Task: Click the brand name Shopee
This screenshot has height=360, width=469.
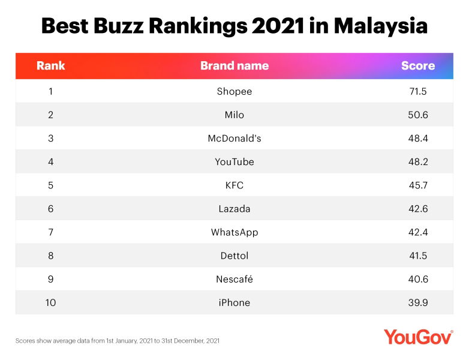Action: pyautogui.click(x=234, y=91)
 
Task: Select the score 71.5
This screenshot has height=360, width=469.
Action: pyautogui.click(x=417, y=91)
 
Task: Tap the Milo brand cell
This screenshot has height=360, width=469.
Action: pyautogui.click(x=234, y=115)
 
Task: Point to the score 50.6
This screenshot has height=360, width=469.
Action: pyautogui.click(x=417, y=115)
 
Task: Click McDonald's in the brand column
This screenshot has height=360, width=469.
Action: pyautogui.click(x=234, y=138)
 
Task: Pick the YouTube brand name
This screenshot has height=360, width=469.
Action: pyautogui.click(x=234, y=161)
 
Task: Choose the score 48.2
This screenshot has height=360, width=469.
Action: pyautogui.click(x=417, y=161)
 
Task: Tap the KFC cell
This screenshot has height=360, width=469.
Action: pyautogui.click(x=234, y=185)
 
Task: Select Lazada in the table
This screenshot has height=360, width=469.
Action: pyautogui.click(x=234, y=208)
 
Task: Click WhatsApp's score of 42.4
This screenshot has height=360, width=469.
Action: pyautogui.click(x=417, y=232)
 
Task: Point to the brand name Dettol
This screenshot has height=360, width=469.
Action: pyautogui.click(x=234, y=255)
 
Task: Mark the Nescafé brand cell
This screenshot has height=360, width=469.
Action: pyautogui.click(x=234, y=279)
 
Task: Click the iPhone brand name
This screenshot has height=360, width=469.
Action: pyautogui.click(x=234, y=302)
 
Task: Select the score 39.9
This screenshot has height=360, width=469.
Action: pyautogui.click(x=417, y=302)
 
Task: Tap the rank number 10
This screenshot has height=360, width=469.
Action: pyautogui.click(x=50, y=302)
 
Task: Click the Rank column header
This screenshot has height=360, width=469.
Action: pyautogui.click(x=50, y=65)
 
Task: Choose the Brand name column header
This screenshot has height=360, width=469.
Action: pyautogui.click(x=234, y=65)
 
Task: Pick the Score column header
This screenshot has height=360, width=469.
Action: pyautogui.click(x=417, y=65)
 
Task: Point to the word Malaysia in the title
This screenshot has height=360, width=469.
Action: pyautogui.click(x=380, y=26)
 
